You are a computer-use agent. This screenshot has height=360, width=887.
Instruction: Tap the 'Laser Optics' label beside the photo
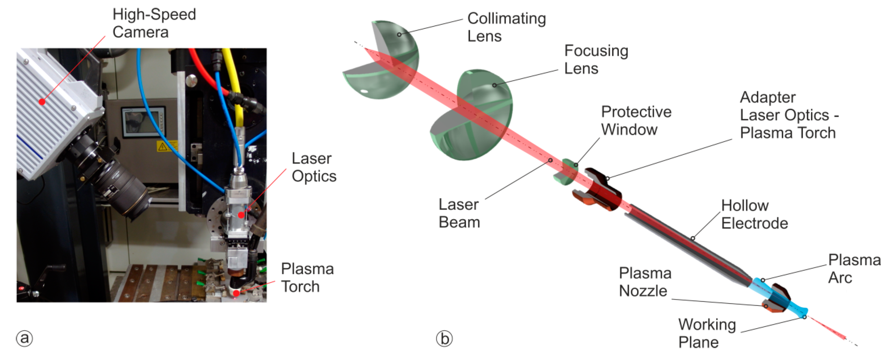314,167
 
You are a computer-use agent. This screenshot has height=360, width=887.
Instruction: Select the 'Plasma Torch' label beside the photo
307,278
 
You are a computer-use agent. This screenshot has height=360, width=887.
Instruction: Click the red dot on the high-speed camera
42,102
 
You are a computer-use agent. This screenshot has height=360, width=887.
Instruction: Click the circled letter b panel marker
444,339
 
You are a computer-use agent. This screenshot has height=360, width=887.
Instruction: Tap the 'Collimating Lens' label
506,27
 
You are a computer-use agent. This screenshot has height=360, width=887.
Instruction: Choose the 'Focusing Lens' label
596,60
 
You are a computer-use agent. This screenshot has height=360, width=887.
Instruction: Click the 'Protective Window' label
636,121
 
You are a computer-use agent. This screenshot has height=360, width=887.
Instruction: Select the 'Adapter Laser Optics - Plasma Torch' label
789,115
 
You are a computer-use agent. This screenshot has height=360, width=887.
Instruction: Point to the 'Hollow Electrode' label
754,214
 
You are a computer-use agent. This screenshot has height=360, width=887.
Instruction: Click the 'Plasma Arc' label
854,269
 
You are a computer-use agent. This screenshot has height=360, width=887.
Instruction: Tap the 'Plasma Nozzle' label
645,282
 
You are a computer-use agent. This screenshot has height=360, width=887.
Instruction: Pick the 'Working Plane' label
707,333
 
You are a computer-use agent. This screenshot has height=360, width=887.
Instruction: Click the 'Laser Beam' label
459,213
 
